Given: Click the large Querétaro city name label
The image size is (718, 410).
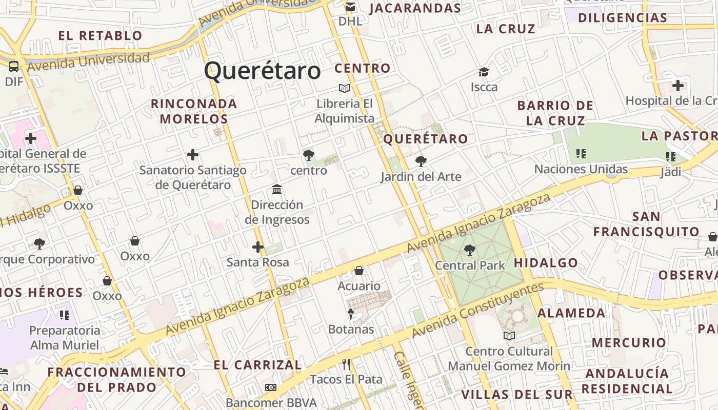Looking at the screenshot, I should click(x=262, y=71).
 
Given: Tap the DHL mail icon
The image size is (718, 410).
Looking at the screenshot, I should click(x=350, y=7).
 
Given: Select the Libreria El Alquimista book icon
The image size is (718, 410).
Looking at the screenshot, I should click(x=344, y=88).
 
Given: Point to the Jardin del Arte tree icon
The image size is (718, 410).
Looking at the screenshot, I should click(x=421, y=161).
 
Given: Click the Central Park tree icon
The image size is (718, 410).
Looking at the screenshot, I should click(x=469, y=250).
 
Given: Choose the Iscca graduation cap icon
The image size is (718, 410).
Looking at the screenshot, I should click(x=484, y=72).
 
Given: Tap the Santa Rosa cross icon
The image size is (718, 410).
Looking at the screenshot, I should click(x=258, y=248).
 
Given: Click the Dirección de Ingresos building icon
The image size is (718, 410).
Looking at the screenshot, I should click(x=277, y=190).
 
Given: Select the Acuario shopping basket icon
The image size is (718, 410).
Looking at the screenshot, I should click(x=359, y=271).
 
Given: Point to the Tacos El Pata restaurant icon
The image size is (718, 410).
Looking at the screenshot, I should click(x=346, y=364).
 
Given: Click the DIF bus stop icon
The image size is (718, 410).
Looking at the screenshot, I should click(x=14, y=66).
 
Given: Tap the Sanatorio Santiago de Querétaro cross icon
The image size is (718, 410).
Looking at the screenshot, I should click(x=193, y=154).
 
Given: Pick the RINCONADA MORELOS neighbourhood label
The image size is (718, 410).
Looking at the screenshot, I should click(x=194, y=111).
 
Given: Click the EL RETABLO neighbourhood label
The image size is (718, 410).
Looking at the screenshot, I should click(x=100, y=36).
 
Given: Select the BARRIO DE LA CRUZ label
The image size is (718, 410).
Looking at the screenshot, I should click(x=555, y=113).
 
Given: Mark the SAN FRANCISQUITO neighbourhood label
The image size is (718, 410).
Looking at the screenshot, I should click(x=646, y=224).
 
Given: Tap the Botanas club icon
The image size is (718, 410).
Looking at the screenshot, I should click(x=351, y=314).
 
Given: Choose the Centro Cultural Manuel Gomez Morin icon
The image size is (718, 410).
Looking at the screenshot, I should click(x=509, y=336).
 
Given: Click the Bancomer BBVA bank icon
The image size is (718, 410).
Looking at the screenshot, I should click(x=270, y=387).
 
